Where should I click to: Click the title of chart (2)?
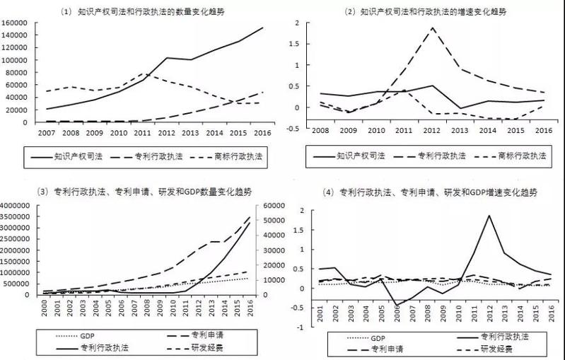coord(424,11)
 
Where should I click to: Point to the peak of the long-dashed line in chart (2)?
coord(433,28)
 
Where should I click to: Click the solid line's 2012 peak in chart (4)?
coord(489,216)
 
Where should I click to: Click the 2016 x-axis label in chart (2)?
coord(542,132)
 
